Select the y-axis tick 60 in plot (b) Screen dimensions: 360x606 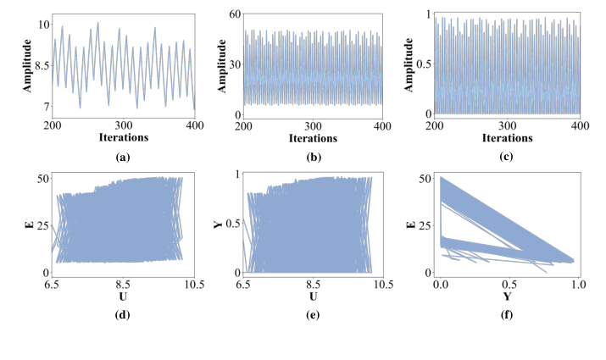(x=230, y=14)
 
